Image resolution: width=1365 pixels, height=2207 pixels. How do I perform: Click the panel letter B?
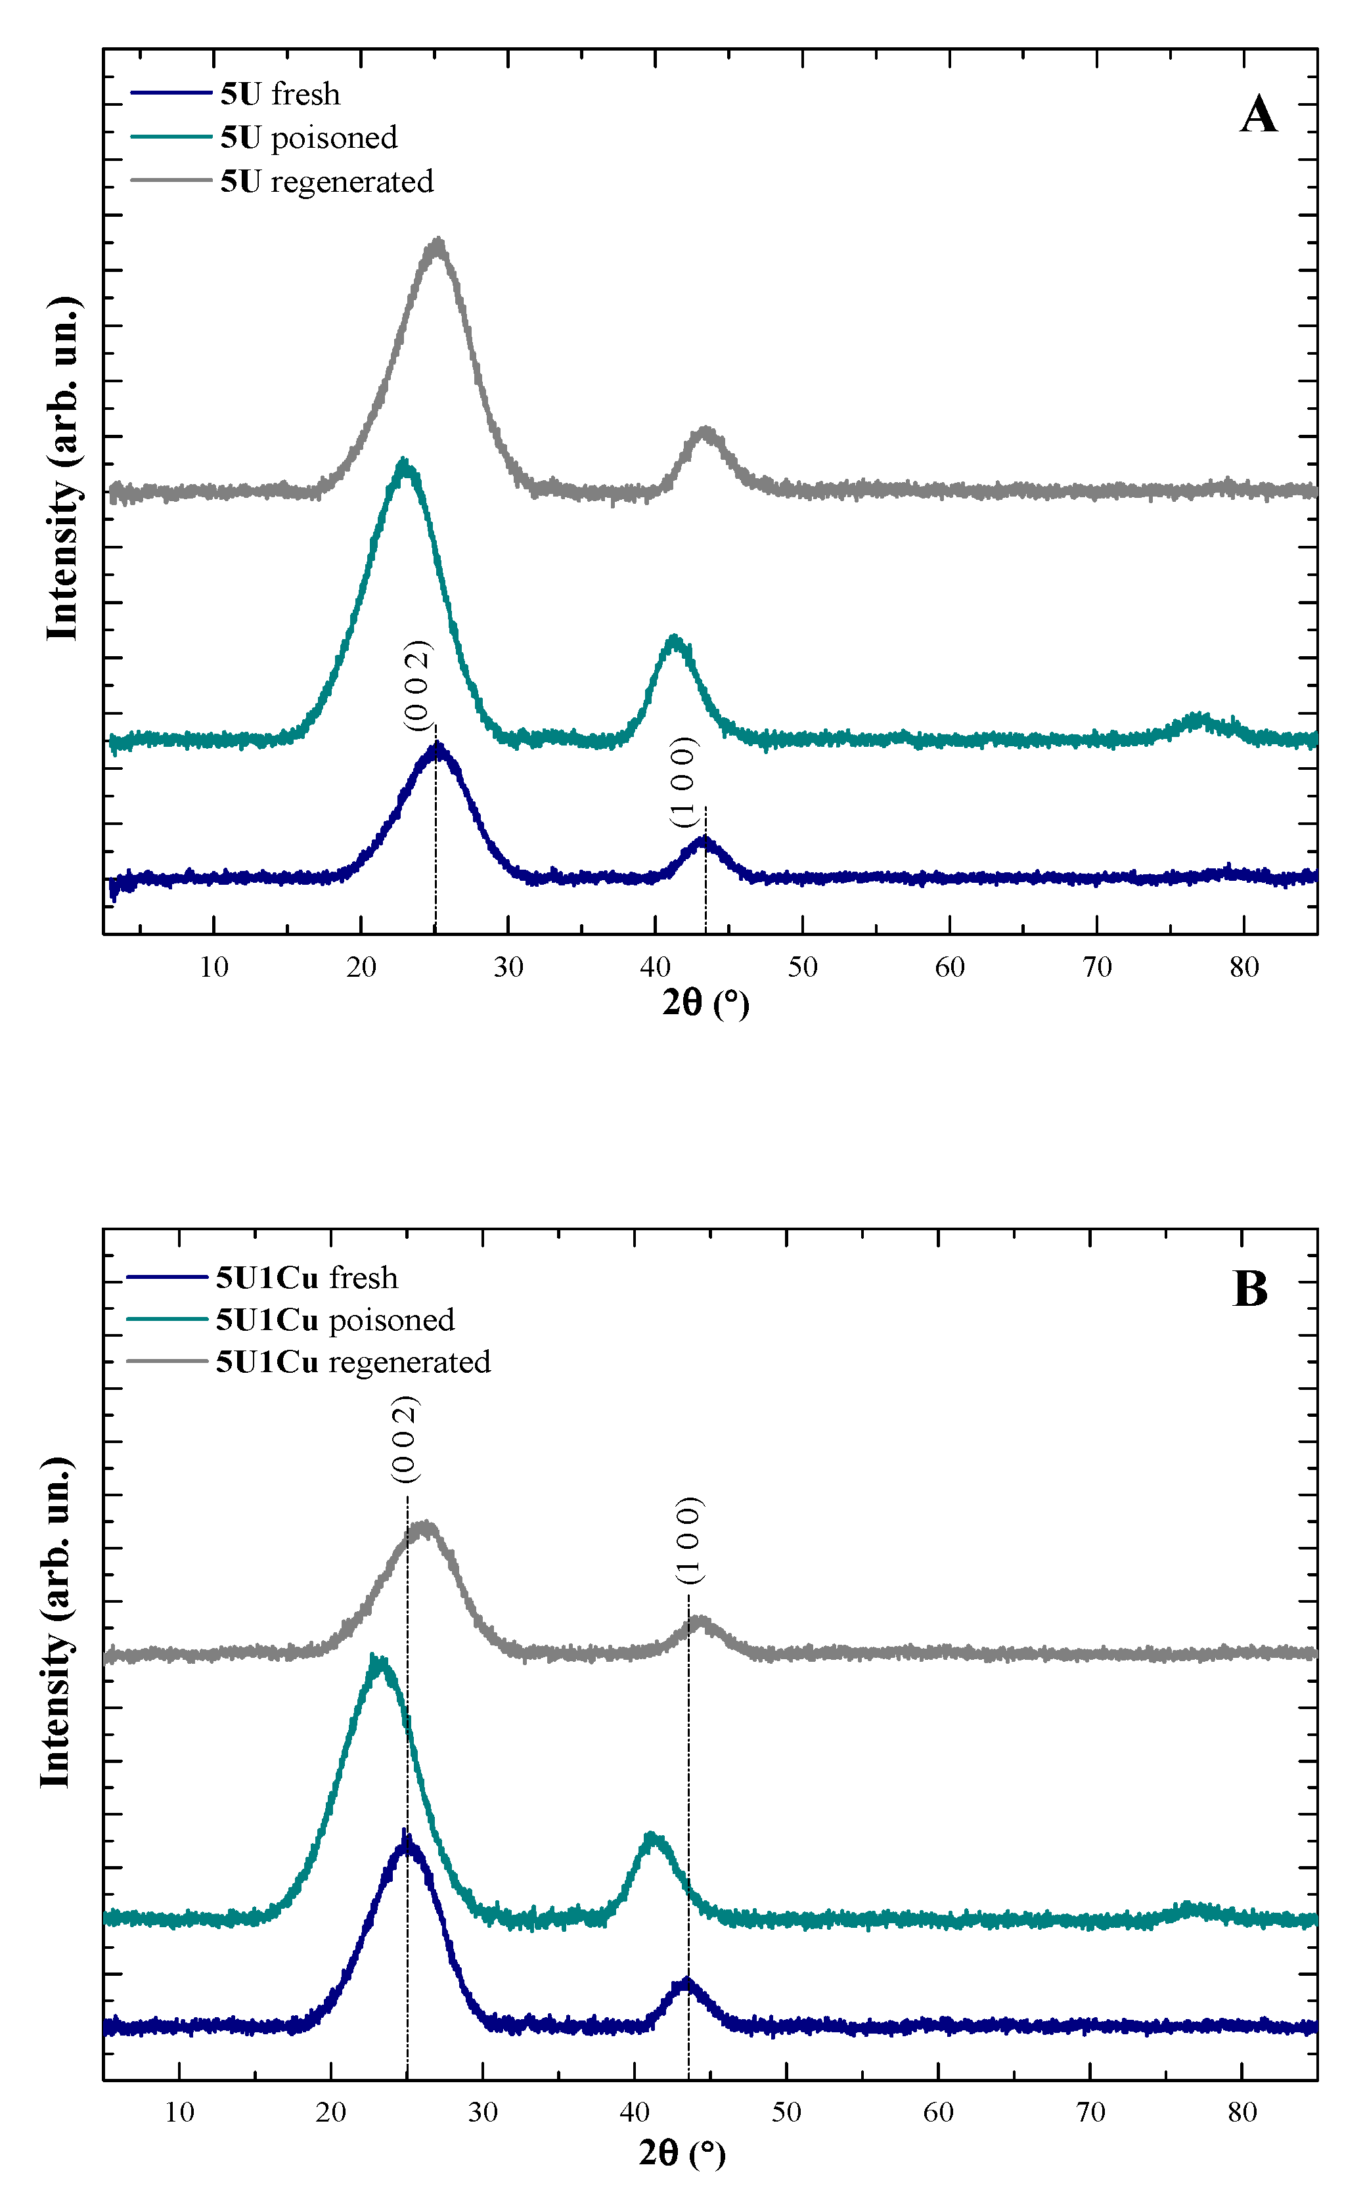(1250, 1289)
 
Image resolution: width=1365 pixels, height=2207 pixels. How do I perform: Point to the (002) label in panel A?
(417, 685)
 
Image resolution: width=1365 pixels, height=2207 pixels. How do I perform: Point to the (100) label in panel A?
(683, 782)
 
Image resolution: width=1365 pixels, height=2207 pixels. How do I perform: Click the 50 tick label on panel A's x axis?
(803, 968)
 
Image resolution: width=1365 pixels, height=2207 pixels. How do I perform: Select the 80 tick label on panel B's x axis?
(1242, 2112)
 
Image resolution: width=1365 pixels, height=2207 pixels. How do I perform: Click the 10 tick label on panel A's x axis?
(214, 968)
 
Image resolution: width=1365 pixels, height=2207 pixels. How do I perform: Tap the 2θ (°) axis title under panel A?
(705, 1003)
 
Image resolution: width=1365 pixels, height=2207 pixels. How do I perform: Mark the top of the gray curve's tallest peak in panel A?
(438, 244)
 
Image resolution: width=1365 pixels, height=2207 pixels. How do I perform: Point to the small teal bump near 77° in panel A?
(1197, 719)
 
